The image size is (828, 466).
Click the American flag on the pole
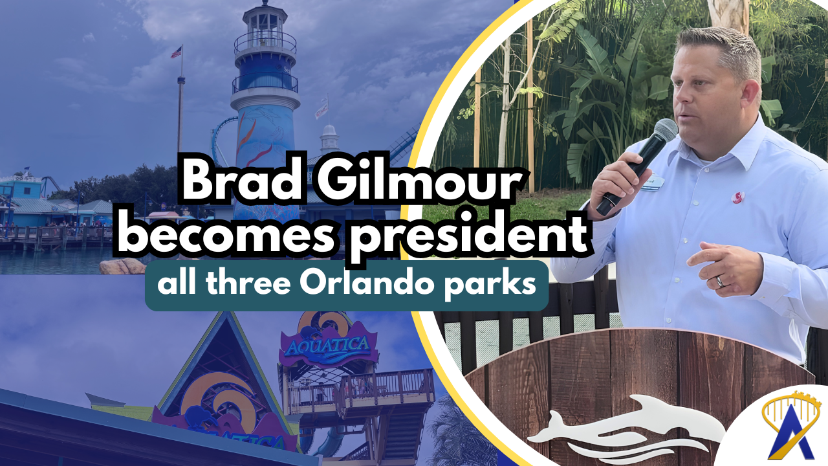(x=177, y=52)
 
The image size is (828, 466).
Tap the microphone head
(x=666, y=129)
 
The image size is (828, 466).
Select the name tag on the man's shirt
(x=653, y=183)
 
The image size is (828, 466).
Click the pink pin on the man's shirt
(x=738, y=197)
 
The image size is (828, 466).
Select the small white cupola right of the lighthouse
(x=329, y=139)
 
